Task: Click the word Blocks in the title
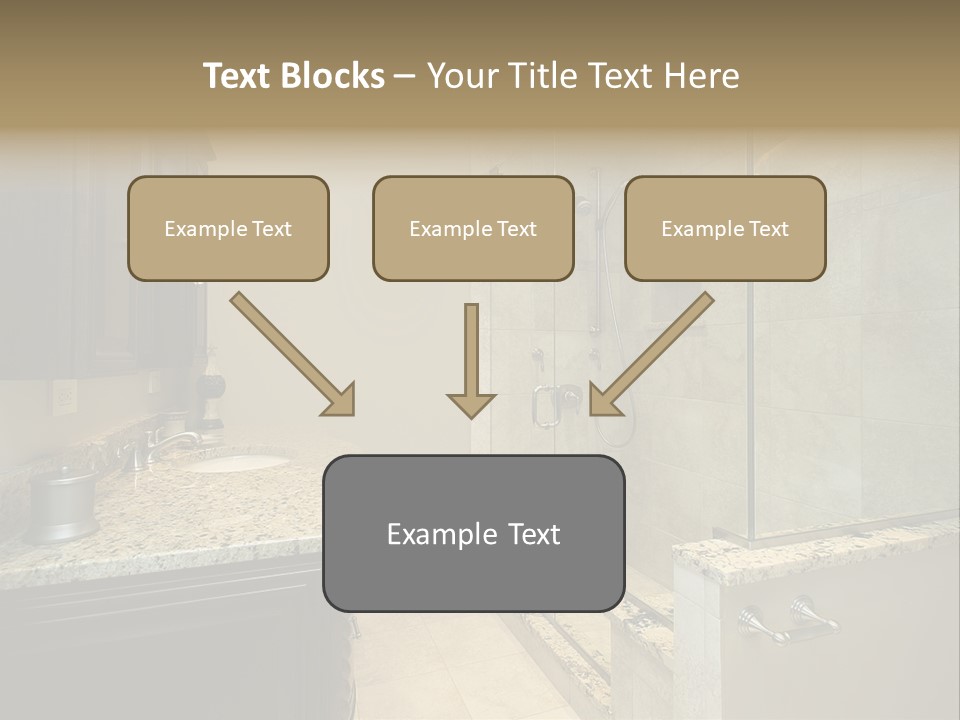pyautogui.click(x=334, y=76)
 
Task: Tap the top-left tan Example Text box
pyautogui.click(x=228, y=229)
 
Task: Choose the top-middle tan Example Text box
pyautogui.click(x=473, y=229)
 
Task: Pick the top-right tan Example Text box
pyautogui.click(x=725, y=229)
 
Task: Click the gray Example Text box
pyautogui.click(x=473, y=533)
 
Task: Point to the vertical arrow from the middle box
pyautogui.click(x=471, y=360)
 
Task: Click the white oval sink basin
pyautogui.click(x=236, y=463)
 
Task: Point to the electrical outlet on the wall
pyautogui.click(x=62, y=397)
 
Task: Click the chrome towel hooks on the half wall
pyautogui.click(x=789, y=619)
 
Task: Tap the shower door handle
pyautogui.click(x=546, y=405)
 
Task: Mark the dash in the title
pyautogui.click(x=405, y=76)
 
